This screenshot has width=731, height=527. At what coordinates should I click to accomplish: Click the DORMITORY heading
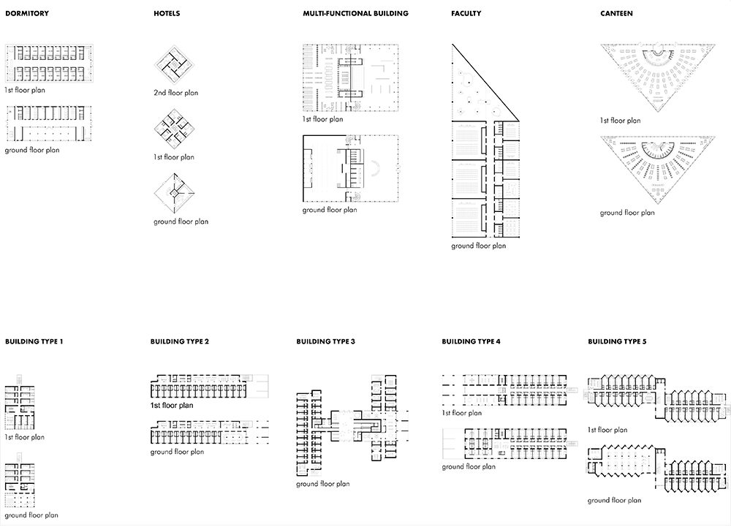(27, 13)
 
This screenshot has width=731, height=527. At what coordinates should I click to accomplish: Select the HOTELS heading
(167, 13)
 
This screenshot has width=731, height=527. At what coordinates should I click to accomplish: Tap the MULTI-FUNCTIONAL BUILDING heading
(356, 13)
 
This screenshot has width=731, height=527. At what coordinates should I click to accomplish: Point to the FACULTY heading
(466, 13)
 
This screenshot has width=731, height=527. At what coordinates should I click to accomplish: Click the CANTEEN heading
(616, 13)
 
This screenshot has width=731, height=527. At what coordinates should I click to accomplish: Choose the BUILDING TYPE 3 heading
(325, 341)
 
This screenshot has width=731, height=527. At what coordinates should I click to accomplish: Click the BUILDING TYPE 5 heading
(617, 341)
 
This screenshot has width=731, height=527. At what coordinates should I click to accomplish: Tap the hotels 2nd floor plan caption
(175, 93)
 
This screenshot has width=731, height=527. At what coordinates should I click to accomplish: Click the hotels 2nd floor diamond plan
(174, 65)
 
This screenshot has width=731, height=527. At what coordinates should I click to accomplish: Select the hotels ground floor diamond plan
(174, 193)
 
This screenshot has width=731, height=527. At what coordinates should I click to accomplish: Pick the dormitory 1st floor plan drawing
(49, 64)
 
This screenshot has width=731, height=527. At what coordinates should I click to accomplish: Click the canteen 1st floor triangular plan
(658, 77)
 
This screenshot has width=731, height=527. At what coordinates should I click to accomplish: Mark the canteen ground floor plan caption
(627, 213)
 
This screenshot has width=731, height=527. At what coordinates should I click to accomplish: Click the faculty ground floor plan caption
(478, 246)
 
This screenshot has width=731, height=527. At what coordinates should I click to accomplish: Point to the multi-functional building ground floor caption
(330, 211)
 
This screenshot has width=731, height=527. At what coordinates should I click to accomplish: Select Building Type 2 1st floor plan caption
(172, 406)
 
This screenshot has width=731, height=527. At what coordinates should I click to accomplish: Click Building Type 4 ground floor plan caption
(469, 466)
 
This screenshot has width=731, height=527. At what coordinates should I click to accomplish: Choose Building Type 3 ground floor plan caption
(322, 484)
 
